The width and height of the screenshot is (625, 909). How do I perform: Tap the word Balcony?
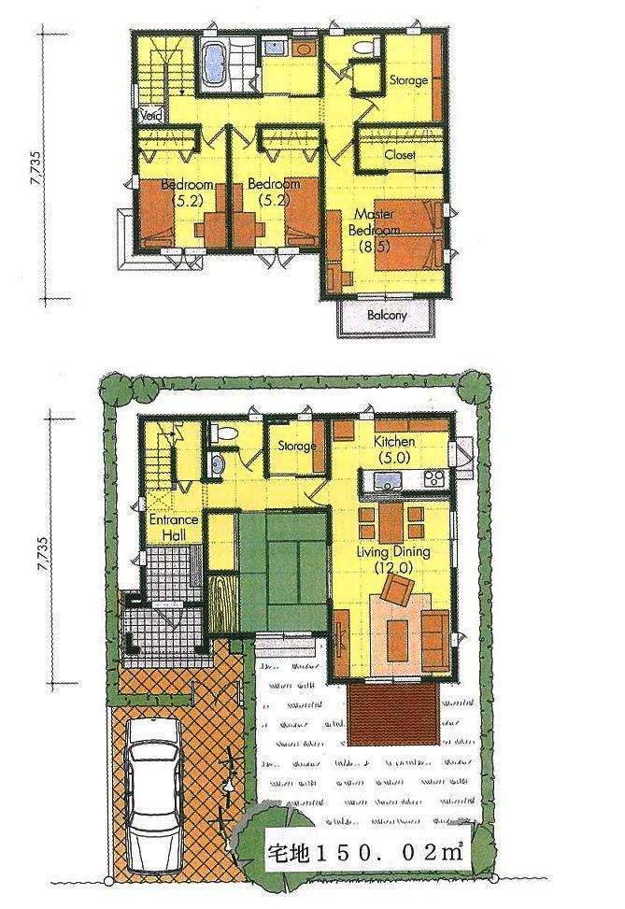click(x=386, y=316)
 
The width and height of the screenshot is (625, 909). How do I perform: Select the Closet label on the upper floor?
click(x=399, y=155)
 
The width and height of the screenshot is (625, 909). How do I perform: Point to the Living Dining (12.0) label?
click(x=393, y=559)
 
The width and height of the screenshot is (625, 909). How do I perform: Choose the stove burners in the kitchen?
click(x=433, y=479)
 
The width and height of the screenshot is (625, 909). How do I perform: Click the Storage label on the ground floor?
click(x=296, y=446)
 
